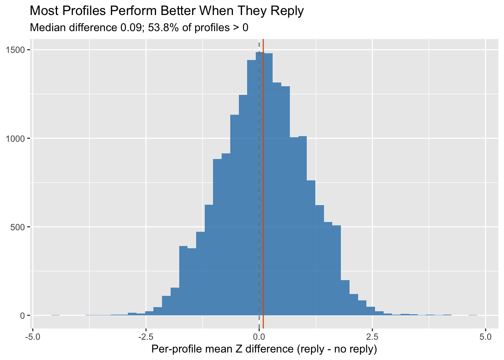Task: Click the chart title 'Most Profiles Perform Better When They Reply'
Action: (166, 10)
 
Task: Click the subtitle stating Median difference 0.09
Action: (139, 27)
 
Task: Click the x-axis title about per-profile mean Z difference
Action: (264, 349)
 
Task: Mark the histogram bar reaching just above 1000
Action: (303, 225)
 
